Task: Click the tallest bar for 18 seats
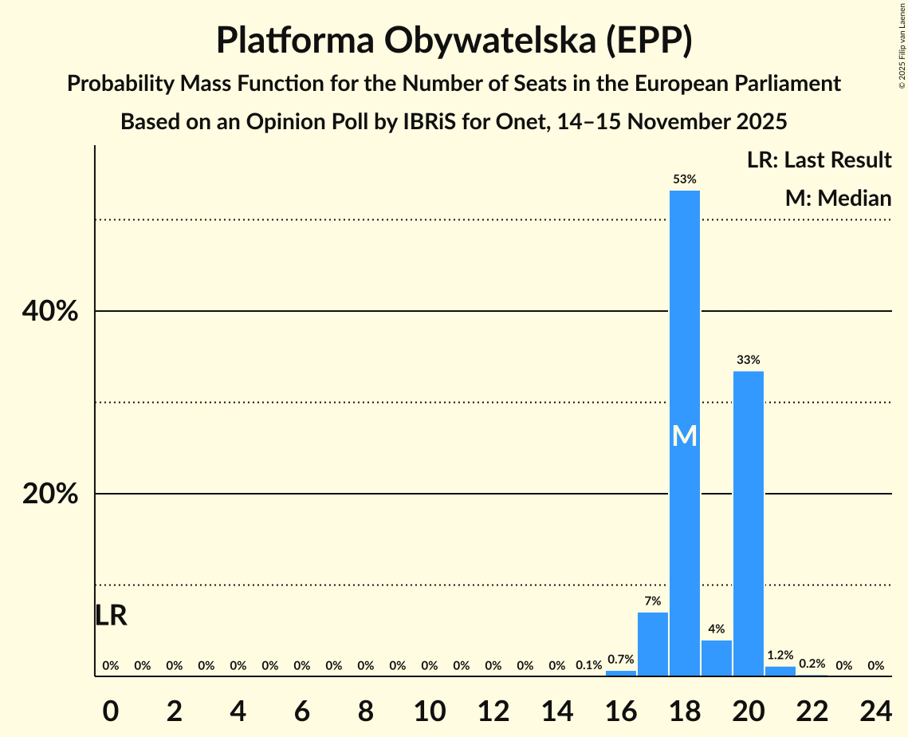pos(684,319)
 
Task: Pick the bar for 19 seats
pos(716,658)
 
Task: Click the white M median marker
pos(684,436)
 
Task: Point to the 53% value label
pos(684,179)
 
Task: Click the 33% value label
pos(748,360)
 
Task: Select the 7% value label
pos(652,601)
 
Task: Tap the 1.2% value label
pos(780,655)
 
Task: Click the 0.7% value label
pos(620,660)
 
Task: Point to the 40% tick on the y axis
pos(50,312)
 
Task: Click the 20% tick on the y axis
pos(50,495)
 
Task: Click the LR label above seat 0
pos(111,615)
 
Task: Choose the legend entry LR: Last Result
pos(819,160)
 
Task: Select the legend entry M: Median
pos(837,198)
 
